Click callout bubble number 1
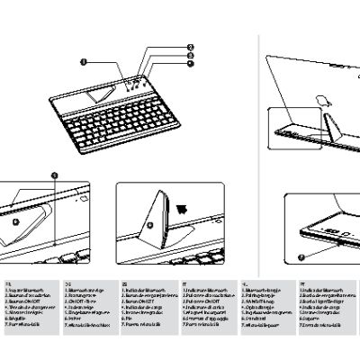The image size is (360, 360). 84,62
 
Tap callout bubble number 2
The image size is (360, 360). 190,46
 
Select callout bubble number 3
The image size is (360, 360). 190,56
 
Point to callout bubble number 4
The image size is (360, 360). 190,65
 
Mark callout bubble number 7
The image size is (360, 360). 301,256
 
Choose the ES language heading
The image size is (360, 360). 124,282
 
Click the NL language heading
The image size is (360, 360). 244,282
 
